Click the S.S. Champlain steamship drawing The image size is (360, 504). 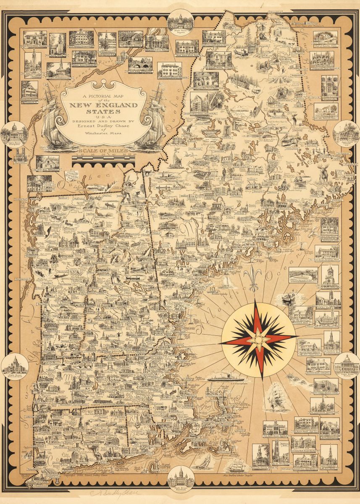click(x=223, y=377)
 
